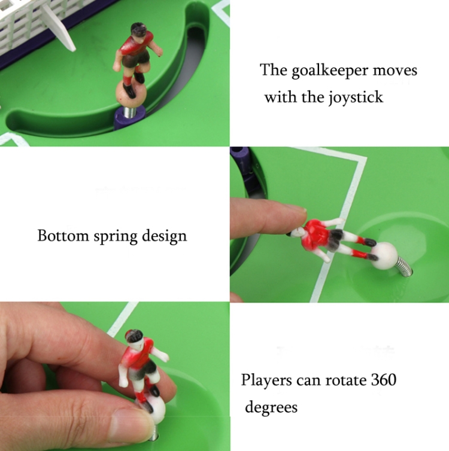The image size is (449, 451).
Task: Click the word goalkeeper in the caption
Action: pyautogui.click(x=330, y=71)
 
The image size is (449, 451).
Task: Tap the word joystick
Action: pyautogui.click(x=356, y=97)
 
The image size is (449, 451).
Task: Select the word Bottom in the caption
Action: pyautogui.click(x=63, y=236)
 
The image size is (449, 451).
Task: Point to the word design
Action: pyautogui.click(x=165, y=236)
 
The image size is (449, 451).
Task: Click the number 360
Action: pyautogui.click(x=384, y=380)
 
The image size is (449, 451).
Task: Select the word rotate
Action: pyautogui.click(x=345, y=380)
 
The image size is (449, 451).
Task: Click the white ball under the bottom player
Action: pyautogui.click(x=154, y=409)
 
